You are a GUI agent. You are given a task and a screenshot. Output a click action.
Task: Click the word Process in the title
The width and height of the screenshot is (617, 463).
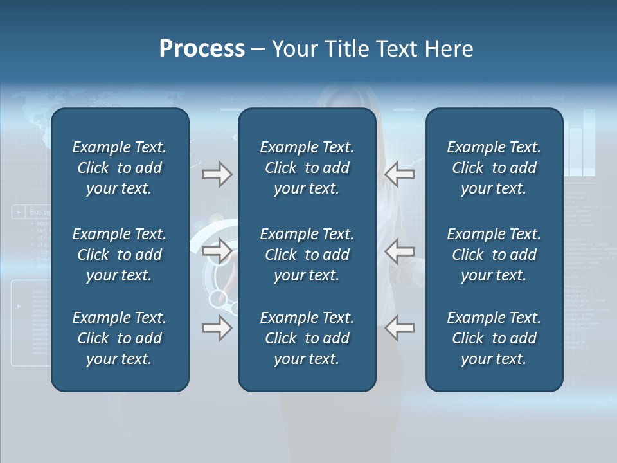coord(202,49)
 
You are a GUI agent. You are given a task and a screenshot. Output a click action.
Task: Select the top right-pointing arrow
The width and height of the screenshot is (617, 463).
coord(217,174)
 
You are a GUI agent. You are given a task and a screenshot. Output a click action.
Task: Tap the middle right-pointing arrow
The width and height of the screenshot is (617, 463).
coord(217,251)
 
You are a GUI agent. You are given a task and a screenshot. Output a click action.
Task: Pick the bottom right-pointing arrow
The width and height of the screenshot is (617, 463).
coord(217,328)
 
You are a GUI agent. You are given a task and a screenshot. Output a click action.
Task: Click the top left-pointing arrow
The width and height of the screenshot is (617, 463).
coord(399,174)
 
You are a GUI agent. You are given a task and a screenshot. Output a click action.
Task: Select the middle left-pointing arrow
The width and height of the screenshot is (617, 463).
coord(399,251)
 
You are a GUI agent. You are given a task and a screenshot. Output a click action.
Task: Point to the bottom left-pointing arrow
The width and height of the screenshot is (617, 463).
coord(399,328)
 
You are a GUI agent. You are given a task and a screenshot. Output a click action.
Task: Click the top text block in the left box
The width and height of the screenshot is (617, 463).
coord(120,168)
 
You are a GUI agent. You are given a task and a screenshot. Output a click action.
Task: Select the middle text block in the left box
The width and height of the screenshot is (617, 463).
coord(120,255)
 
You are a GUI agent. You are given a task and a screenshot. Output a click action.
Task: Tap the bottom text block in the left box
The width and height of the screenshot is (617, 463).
coord(120,338)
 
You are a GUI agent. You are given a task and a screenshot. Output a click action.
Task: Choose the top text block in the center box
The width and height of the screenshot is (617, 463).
coord(307,168)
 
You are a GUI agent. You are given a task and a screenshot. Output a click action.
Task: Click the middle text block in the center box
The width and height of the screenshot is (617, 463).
coord(307,255)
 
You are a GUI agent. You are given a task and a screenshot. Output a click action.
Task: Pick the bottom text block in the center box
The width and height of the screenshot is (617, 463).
coord(307,338)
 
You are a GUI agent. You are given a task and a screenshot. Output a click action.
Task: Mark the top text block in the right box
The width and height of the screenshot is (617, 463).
coord(494,168)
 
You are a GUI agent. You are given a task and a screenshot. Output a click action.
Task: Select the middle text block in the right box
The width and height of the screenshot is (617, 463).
coord(494,255)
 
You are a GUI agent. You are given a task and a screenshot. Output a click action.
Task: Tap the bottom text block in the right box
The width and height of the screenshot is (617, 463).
coord(494,338)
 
